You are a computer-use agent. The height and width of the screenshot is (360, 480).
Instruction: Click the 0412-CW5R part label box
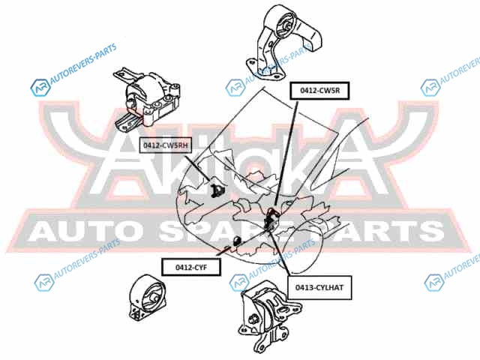click(x=319, y=91)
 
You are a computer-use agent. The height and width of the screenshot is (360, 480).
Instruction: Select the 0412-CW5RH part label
click(x=166, y=145)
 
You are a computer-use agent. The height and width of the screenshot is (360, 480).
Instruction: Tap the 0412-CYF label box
click(x=191, y=267)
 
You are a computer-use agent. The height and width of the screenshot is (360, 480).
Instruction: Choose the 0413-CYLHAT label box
click(x=319, y=287)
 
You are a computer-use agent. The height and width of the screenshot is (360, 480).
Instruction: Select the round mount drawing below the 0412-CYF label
click(x=148, y=298)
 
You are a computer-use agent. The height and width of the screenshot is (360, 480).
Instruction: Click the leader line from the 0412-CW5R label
click(x=286, y=152)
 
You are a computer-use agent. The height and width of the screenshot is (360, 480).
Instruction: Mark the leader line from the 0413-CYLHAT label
click(x=279, y=254)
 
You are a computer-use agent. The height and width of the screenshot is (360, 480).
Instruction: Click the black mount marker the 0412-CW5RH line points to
click(x=217, y=190)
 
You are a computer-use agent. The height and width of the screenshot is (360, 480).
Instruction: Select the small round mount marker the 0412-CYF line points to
click(x=236, y=240)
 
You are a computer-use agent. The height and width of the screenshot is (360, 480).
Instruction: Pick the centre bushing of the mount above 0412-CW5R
click(x=286, y=25)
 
